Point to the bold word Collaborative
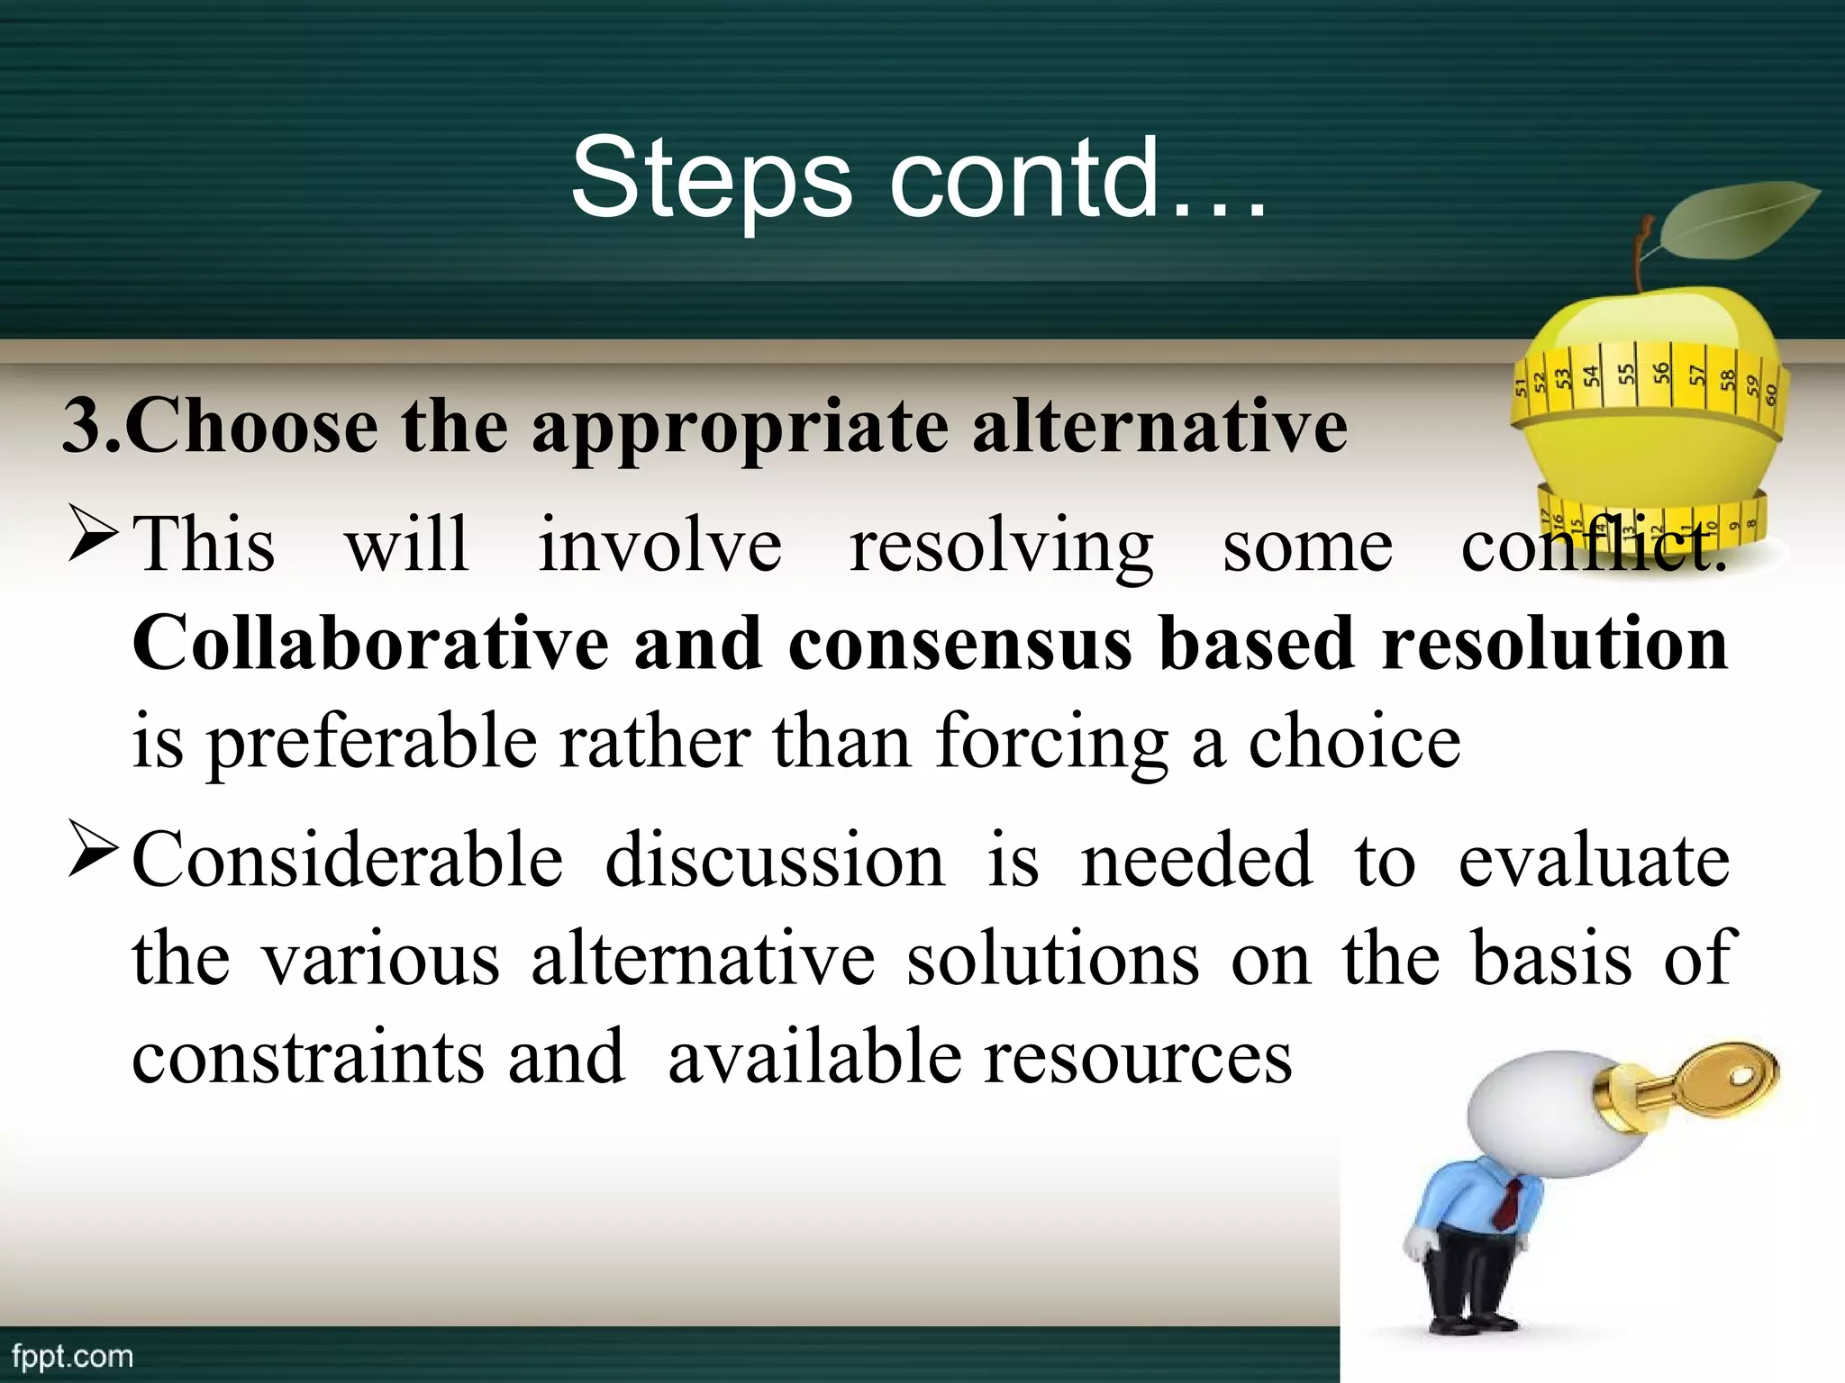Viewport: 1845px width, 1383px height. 370,644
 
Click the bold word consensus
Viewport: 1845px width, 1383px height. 959,646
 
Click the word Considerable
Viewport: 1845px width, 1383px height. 348,860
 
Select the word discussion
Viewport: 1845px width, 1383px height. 775,860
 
